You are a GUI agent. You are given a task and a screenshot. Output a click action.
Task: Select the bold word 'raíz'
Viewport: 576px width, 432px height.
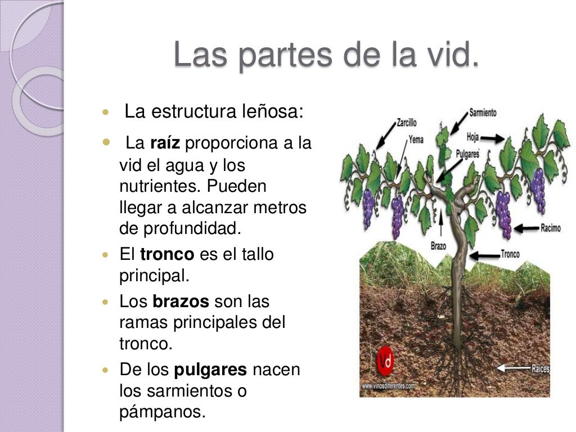165,143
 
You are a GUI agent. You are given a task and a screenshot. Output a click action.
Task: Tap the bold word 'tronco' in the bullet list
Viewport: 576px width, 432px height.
166,254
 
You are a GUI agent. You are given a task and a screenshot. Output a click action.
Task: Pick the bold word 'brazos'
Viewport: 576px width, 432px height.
181,301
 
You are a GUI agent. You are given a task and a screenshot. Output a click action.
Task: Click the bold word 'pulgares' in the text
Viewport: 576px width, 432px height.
211,370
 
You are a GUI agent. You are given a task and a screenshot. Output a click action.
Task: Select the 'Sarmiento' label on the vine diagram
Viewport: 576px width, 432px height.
483,112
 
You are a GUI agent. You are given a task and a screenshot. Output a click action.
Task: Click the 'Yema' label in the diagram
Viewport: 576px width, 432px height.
416,140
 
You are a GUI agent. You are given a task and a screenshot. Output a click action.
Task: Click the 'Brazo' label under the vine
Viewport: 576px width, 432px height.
438,245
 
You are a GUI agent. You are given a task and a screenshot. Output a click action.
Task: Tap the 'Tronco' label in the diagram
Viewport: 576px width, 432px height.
510,254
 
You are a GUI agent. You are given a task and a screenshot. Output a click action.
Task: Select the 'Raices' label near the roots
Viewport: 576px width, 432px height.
540,369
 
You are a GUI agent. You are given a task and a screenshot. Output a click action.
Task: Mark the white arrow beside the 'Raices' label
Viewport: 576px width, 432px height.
514,369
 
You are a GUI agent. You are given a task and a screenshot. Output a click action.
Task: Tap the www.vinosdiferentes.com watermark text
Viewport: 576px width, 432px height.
388,386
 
